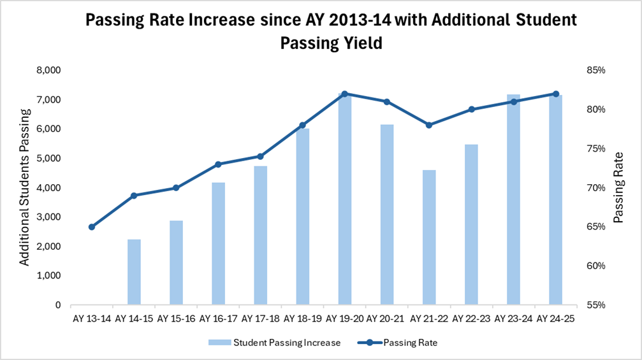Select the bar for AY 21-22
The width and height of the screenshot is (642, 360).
[x=429, y=237]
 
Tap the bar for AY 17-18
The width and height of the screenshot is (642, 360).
[x=260, y=235]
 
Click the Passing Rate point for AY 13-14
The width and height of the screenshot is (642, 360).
[x=92, y=227]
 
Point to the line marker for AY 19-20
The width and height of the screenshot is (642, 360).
[x=345, y=94]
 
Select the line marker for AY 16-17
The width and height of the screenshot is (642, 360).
[x=218, y=164]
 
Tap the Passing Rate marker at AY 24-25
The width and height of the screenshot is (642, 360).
[x=555, y=94]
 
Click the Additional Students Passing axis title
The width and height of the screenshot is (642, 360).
[x=24, y=188]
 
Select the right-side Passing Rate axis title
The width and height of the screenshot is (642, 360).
[x=618, y=188]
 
